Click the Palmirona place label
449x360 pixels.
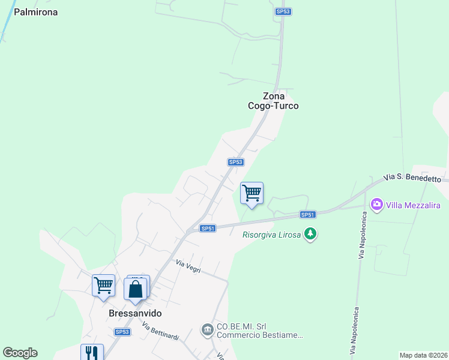pos(36,11)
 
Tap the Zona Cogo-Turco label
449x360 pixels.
pos(273,100)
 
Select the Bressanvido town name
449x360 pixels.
pos(136,313)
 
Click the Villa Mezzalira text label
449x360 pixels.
pos(414,205)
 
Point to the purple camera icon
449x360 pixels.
pos(376,205)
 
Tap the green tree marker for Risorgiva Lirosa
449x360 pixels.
pos(310,234)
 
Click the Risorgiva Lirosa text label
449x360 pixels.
pos(272,235)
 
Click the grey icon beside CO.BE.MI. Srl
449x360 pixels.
pos(207,329)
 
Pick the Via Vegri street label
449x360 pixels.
pos(188,264)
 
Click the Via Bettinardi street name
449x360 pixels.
pos(160,331)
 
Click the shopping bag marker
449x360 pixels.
pos(136,288)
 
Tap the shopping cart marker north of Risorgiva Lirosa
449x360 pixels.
pos(252,193)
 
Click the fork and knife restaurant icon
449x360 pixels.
pos(92,352)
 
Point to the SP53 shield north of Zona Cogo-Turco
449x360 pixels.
pos(283,11)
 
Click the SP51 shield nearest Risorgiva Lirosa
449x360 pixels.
pos(307,215)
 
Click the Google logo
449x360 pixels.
pos(20,353)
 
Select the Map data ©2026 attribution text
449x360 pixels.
pos(424,355)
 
